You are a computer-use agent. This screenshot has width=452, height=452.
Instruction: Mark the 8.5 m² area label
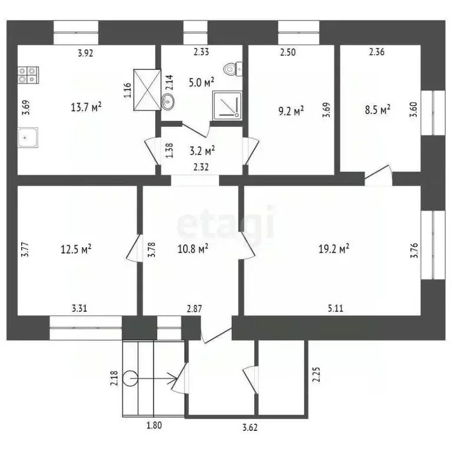tap(377, 109)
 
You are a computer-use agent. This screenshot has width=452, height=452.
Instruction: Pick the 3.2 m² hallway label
tap(202, 149)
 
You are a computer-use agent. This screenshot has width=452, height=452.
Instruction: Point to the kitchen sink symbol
tap(28, 138)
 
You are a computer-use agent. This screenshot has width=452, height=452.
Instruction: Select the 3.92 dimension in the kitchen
tap(87, 52)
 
